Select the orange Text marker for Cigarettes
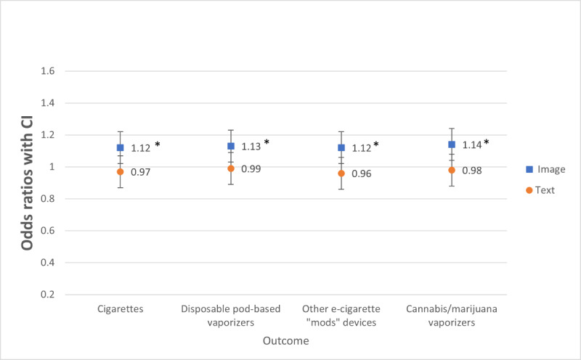click(121, 172)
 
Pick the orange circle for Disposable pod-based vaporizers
click(231, 168)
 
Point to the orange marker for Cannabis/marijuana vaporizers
click(452, 171)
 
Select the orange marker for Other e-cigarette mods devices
click(341, 173)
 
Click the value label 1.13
click(251, 147)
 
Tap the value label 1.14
click(471, 144)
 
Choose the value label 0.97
click(141, 172)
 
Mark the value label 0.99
click(251, 168)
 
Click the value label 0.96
click(362, 174)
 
